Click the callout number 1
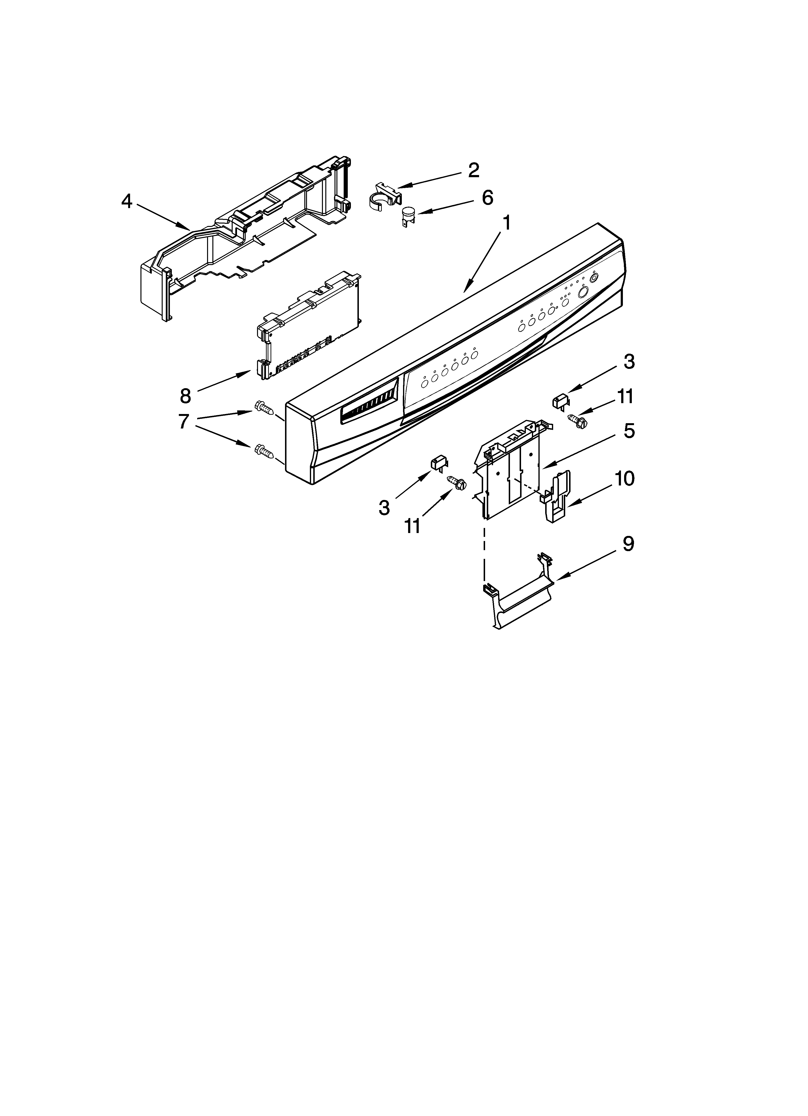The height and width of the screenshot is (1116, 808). coord(506,224)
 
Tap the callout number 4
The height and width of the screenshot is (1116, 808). coord(127,201)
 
